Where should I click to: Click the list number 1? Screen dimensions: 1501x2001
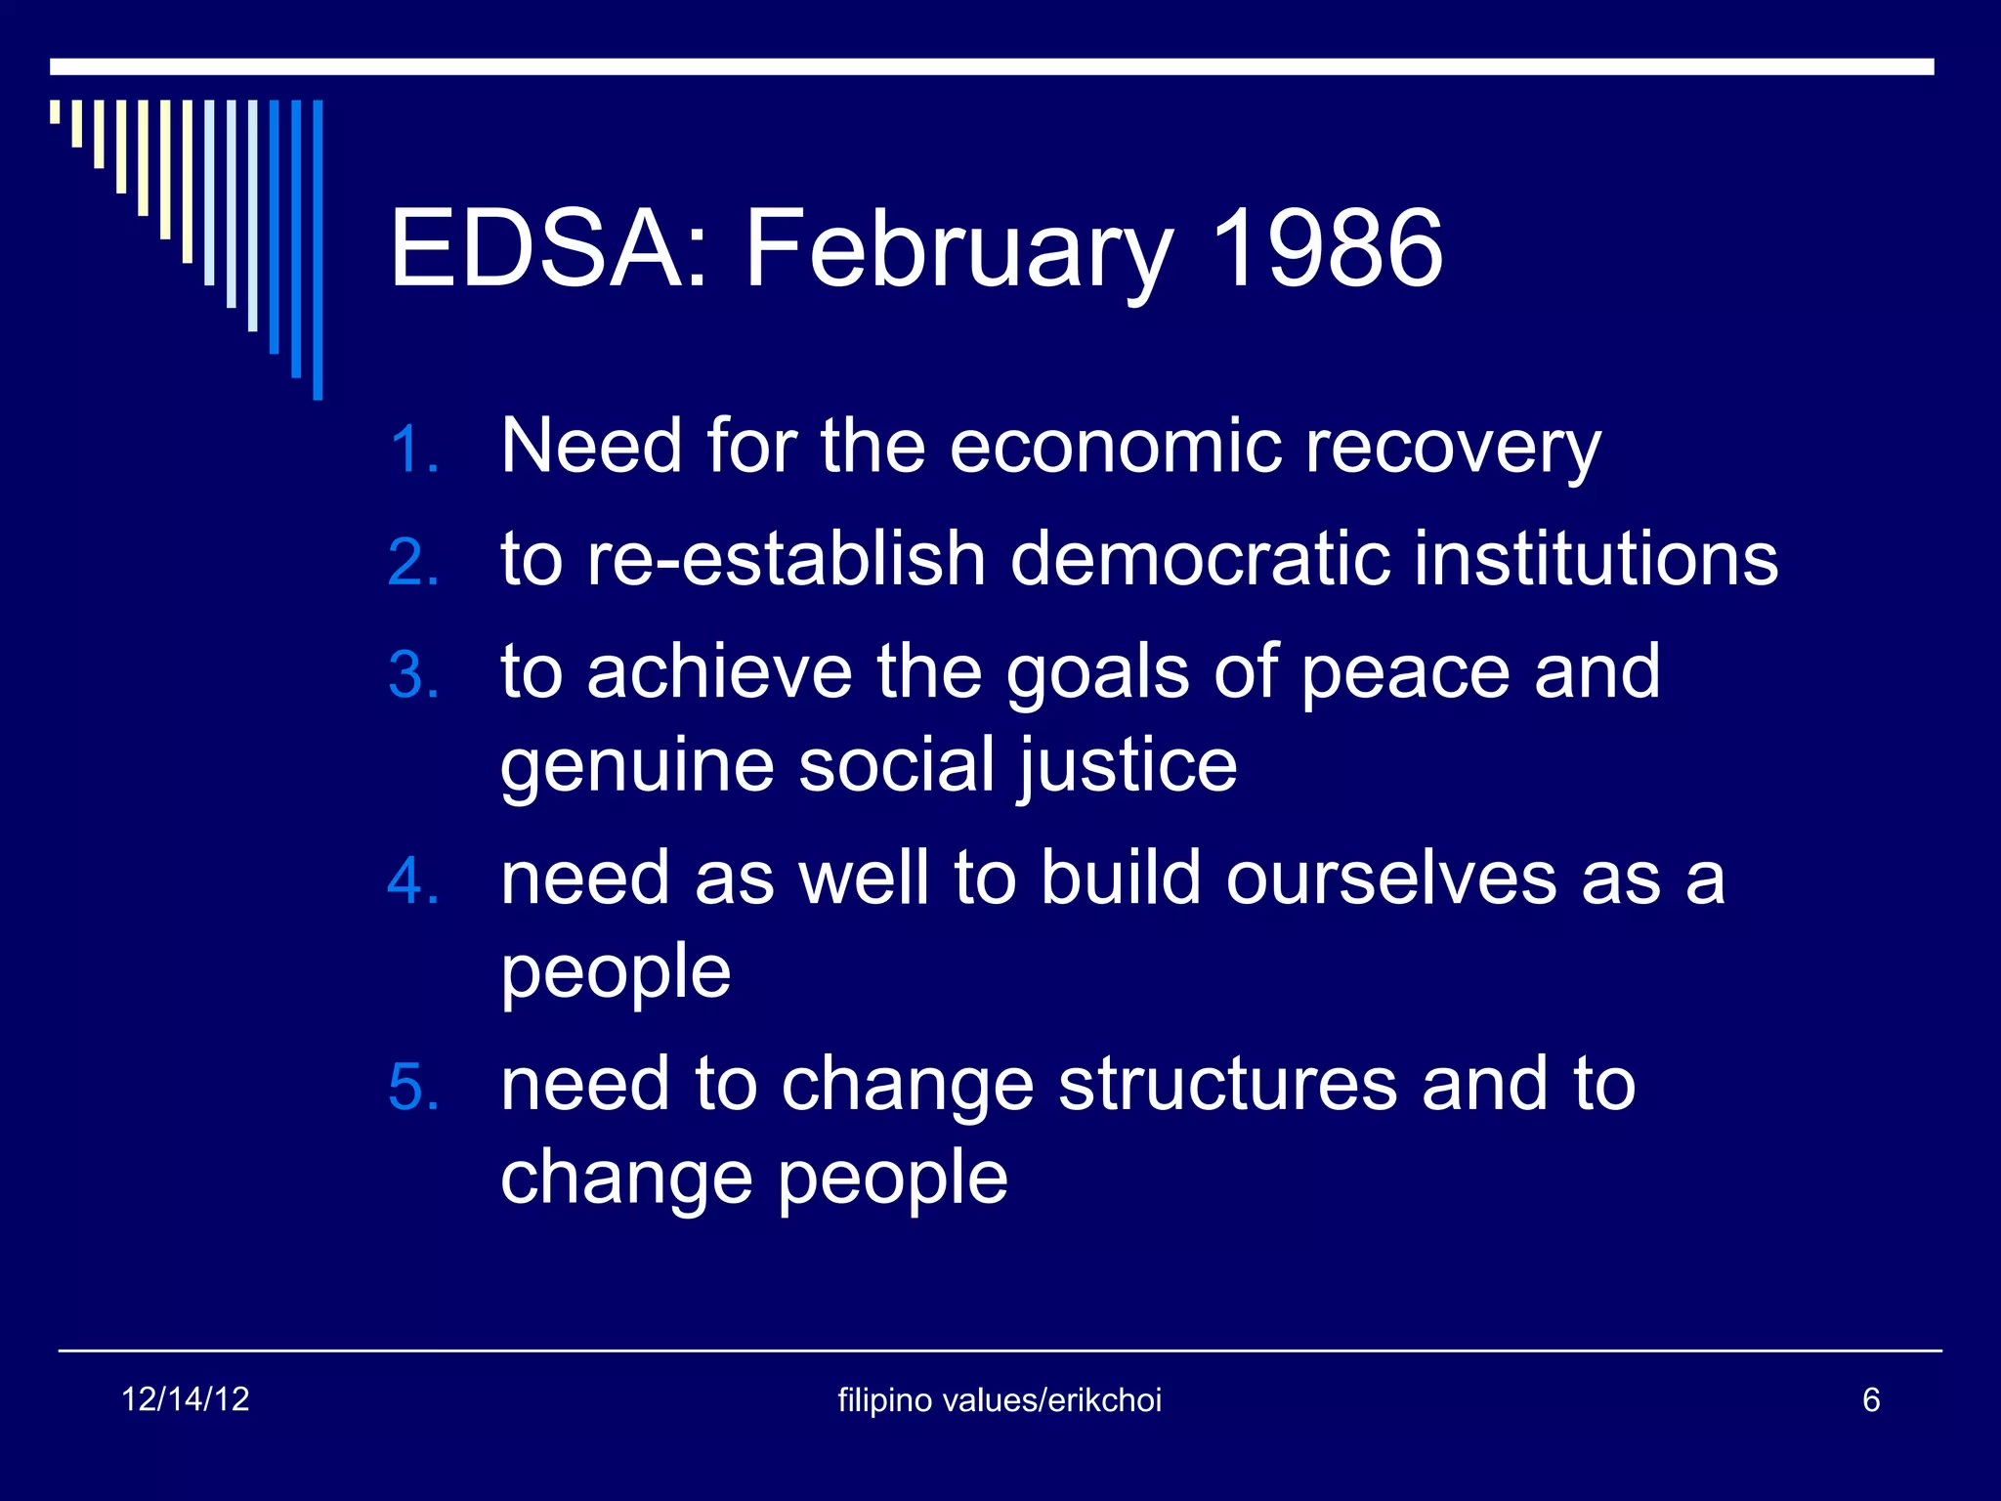click(412, 450)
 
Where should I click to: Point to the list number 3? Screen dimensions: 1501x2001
click(412, 675)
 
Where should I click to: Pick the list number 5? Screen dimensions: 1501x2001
click(412, 1088)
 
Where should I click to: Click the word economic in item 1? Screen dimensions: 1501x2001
click(1115, 446)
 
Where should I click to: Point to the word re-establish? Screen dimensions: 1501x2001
click(786, 559)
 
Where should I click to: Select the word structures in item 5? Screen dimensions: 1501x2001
click(1228, 1085)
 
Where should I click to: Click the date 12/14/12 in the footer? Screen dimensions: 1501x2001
click(185, 1399)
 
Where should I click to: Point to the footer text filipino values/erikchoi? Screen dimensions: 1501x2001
click(1000, 1400)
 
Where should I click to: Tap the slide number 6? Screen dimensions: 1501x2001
click(1871, 1400)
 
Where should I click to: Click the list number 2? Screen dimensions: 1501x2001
click(412, 564)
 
